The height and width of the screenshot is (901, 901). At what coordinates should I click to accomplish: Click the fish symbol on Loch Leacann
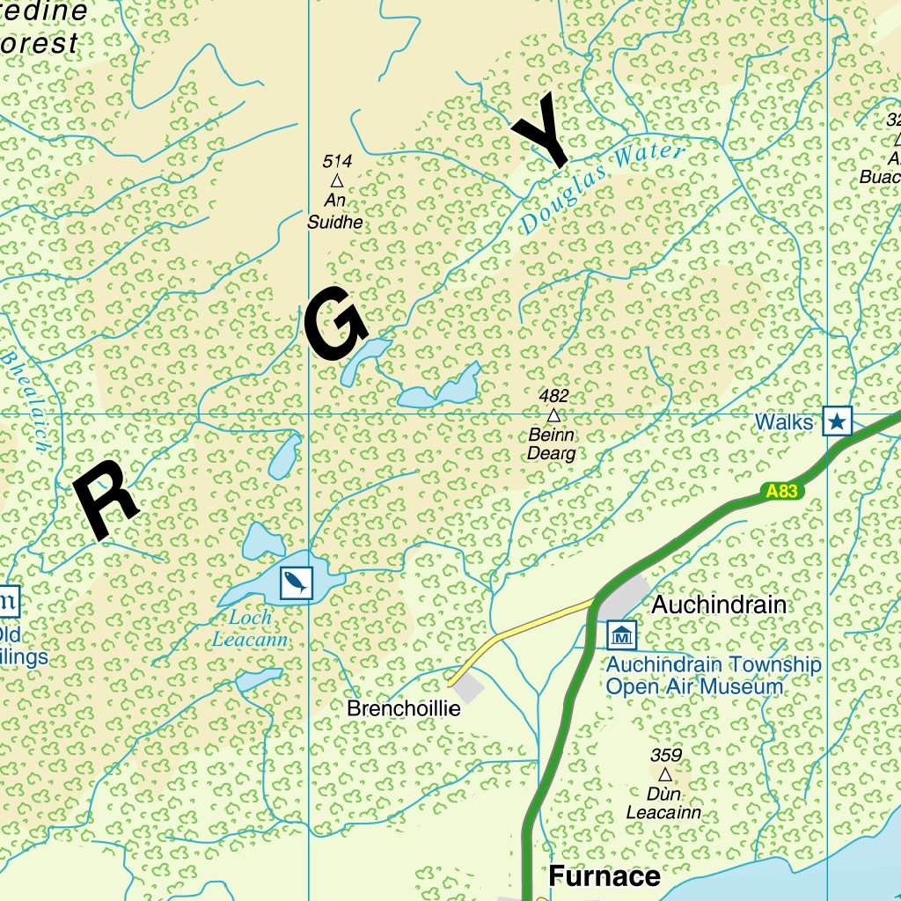(296, 582)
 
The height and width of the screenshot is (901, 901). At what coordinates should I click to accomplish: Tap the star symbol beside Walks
(838, 422)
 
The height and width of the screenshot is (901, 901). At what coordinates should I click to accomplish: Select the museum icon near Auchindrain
(622, 634)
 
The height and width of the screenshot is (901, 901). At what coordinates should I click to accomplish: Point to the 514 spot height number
(337, 161)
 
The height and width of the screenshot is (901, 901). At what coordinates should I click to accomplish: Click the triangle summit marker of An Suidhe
(336, 180)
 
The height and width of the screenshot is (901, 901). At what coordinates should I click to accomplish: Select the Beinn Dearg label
(552, 444)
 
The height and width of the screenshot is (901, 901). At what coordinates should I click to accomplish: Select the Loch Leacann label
(250, 629)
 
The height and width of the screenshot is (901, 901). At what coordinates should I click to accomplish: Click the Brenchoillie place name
(404, 708)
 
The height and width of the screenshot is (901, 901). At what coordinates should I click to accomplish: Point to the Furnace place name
(604, 876)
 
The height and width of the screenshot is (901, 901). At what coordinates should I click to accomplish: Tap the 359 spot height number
(666, 755)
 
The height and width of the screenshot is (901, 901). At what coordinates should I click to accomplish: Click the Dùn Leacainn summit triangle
(665, 774)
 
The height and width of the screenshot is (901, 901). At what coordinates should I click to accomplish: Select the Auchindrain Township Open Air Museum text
(713, 676)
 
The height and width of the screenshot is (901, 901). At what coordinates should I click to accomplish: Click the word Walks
(784, 422)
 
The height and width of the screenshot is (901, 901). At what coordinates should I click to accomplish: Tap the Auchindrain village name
(719, 605)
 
